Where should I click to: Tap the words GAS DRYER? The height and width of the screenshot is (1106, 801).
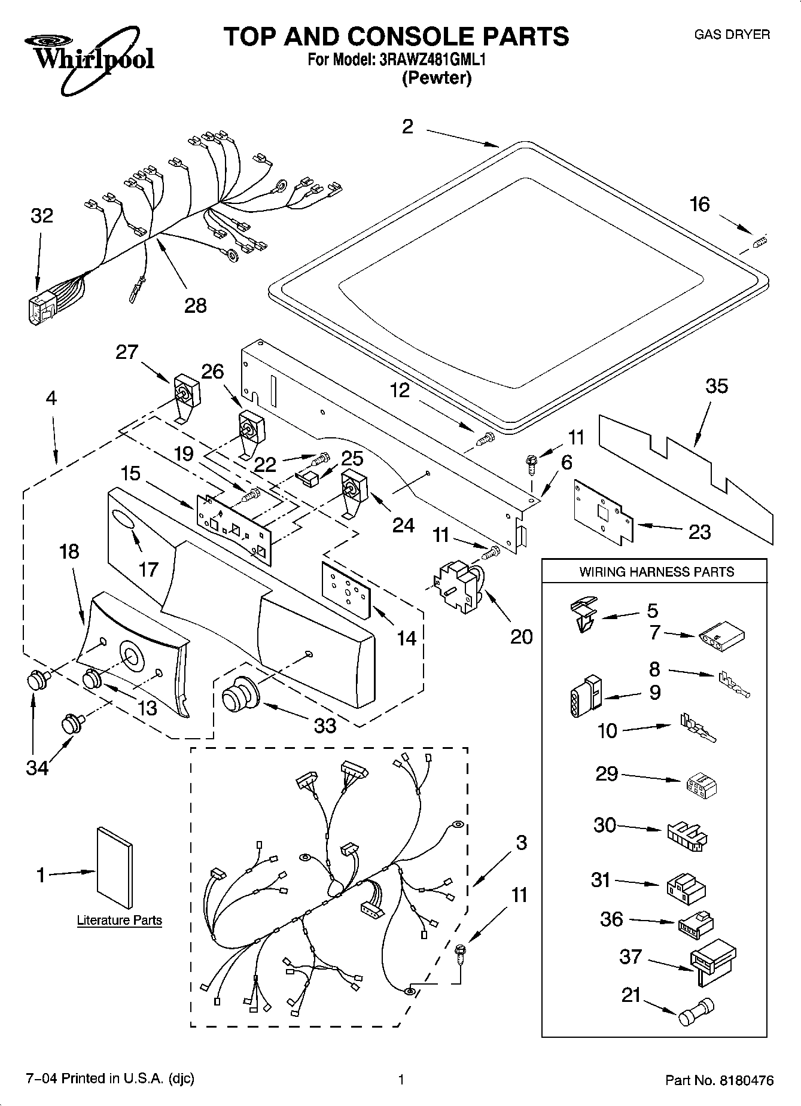point(731,35)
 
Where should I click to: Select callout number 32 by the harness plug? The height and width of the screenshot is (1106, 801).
point(42,216)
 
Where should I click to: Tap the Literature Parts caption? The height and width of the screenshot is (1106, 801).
point(119,920)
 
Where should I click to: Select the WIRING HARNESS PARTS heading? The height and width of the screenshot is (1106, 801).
point(656,572)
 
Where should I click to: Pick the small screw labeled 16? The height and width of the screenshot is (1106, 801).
point(760,241)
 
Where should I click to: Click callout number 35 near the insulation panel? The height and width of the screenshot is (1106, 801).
point(716,386)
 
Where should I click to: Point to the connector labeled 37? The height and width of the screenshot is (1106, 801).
point(712,962)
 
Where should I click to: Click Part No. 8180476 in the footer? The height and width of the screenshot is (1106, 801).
point(720,1080)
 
